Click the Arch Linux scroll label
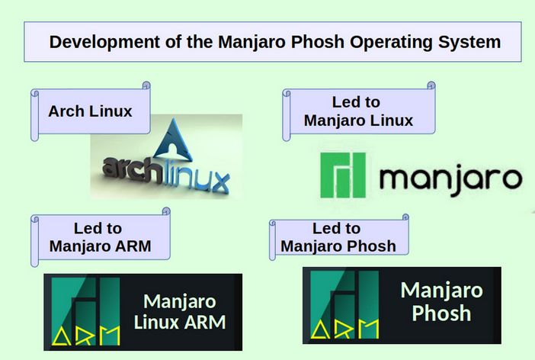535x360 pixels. [90, 111]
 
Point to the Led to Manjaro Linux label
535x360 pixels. [358, 111]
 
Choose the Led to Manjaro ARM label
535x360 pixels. [100, 236]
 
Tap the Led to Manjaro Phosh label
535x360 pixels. [338, 236]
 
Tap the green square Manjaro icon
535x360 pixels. [343, 176]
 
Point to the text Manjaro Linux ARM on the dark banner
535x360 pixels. [180, 311]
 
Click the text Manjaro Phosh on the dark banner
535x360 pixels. [441, 301]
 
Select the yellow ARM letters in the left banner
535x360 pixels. [85, 334]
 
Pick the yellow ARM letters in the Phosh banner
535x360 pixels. [344, 328]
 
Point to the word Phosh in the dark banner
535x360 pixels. [441, 313]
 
